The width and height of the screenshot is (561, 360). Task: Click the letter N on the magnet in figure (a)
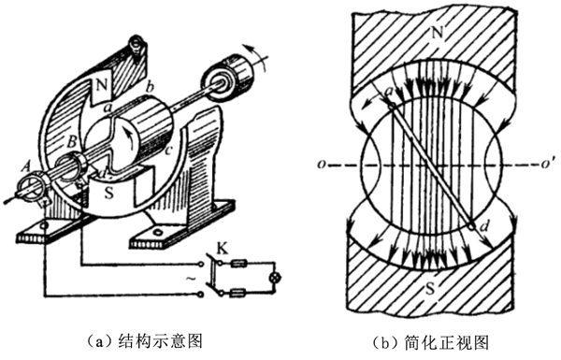pyautogui.click(x=102, y=86)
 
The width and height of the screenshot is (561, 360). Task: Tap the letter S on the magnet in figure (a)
pyautogui.click(x=108, y=194)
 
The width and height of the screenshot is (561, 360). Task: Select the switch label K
pyautogui.click(x=223, y=249)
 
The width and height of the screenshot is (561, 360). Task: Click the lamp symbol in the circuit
pyautogui.click(x=275, y=278)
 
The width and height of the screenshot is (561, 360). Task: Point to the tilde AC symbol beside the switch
pyautogui.click(x=192, y=278)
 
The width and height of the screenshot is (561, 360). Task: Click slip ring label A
pyautogui.click(x=25, y=166)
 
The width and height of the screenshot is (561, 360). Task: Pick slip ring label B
pyautogui.click(x=72, y=142)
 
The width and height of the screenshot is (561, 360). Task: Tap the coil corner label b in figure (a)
pyautogui.click(x=151, y=87)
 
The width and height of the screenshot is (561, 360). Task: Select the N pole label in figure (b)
pyautogui.click(x=438, y=33)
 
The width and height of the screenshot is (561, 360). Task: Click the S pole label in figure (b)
pyautogui.click(x=430, y=288)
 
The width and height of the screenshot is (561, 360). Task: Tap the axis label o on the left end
pyautogui.click(x=323, y=165)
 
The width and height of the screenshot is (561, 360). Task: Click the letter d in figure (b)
pyautogui.click(x=483, y=225)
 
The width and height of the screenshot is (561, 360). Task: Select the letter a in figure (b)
pyautogui.click(x=387, y=93)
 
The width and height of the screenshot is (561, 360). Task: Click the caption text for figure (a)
pyautogui.click(x=145, y=341)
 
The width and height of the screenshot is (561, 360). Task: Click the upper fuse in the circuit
pyautogui.click(x=237, y=265)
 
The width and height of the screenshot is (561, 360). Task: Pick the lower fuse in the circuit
pyautogui.click(x=237, y=295)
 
